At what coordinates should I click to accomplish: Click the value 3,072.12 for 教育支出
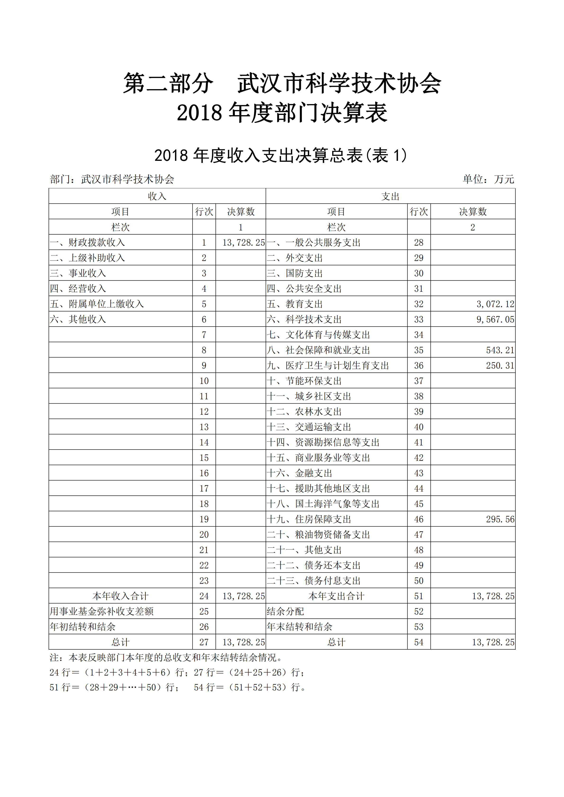[x=495, y=304]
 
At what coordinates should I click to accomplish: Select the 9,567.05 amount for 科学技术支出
[x=495, y=319]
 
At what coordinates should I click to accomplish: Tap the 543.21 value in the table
[x=500, y=350]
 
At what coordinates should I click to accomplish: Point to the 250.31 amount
[x=500, y=366]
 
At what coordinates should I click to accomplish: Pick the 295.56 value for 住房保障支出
[x=500, y=519]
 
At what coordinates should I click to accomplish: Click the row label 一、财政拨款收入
[x=87, y=243]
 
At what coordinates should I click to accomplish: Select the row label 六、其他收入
[x=78, y=319]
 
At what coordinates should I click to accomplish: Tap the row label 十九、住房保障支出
[x=309, y=519]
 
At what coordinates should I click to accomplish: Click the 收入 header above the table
[x=157, y=197]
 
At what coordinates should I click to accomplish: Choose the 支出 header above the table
[x=390, y=197]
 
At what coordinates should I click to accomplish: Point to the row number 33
[x=419, y=319]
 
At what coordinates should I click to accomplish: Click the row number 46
[x=419, y=519]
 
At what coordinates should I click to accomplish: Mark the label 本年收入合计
[x=121, y=596]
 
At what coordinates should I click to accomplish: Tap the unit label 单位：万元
[x=488, y=179]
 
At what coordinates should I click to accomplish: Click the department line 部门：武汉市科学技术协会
[x=112, y=179]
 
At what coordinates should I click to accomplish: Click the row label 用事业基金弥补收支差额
[x=102, y=611]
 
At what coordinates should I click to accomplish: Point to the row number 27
[x=204, y=642]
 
